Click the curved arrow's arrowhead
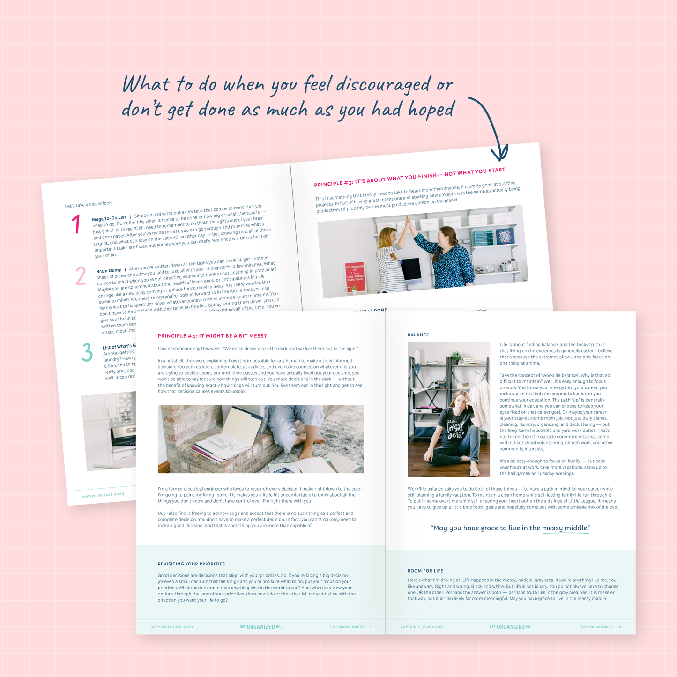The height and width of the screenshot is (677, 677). click(x=499, y=154)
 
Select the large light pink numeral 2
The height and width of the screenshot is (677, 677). click(x=81, y=276)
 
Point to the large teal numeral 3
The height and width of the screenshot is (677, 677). click(x=87, y=352)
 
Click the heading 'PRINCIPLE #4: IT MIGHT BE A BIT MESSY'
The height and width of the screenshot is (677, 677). click(x=212, y=336)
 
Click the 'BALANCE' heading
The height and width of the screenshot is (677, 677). click(x=418, y=335)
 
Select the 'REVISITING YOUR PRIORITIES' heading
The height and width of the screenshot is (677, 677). click(x=191, y=564)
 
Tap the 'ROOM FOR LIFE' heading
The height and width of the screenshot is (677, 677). click(x=425, y=571)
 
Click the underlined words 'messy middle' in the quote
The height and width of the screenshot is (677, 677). click(x=565, y=528)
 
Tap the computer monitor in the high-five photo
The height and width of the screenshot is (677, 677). click(x=410, y=269)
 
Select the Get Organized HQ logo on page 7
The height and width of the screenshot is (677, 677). click(x=260, y=627)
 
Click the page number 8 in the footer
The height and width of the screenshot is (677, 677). click(x=620, y=627)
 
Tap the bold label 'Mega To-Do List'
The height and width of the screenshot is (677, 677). click(x=109, y=218)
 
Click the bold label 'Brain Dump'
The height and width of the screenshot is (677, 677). click(x=109, y=271)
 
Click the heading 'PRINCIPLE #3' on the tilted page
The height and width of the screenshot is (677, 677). click(x=334, y=183)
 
